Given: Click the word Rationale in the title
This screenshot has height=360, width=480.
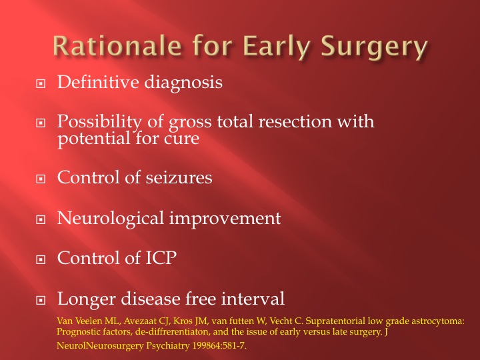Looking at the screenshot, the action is pyautogui.click(x=117, y=46).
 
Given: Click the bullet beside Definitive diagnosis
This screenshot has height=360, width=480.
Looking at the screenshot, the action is pyautogui.click(x=41, y=83).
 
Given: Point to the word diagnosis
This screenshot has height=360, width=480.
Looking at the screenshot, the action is pyautogui.click(x=183, y=83).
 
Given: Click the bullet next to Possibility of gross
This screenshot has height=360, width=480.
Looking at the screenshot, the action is pyautogui.click(x=41, y=123).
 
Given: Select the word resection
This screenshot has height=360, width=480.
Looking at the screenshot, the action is pyautogui.click(x=295, y=121).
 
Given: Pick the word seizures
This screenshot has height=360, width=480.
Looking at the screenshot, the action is pyautogui.click(x=179, y=177).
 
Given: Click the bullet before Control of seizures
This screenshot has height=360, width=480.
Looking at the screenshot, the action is pyautogui.click(x=41, y=179).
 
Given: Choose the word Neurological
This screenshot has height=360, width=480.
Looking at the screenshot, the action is pyautogui.click(x=111, y=219).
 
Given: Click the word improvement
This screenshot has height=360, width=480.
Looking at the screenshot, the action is pyautogui.click(x=225, y=219).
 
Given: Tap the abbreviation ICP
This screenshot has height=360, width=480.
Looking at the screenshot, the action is pyautogui.click(x=161, y=258).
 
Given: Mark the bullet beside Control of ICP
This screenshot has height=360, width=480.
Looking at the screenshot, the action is pyautogui.click(x=41, y=259).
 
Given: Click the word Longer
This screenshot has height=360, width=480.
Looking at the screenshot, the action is pyautogui.click(x=86, y=299).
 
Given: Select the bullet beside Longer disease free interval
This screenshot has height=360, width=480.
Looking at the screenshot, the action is pyautogui.click(x=41, y=300).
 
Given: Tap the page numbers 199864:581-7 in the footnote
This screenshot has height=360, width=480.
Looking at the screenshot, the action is pyautogui.click(x=219, y=345).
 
